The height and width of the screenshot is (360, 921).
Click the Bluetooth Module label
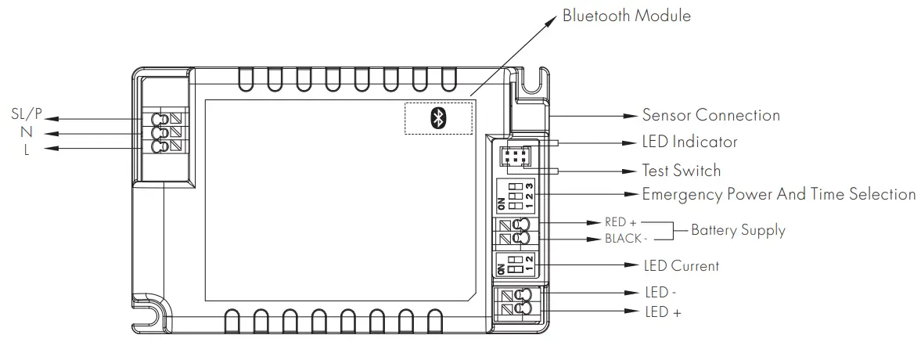(x=627, y=16)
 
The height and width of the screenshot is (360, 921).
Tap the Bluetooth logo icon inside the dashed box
(x=438, y=118)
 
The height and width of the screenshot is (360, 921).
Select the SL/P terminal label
(x=26, y=115)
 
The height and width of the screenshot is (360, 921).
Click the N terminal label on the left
(x=27, y=132)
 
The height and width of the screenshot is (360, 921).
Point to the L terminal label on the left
(x=27, y=149)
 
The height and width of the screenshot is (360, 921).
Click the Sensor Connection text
(x=711, y=115)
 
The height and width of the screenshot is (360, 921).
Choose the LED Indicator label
(x=689, y=142)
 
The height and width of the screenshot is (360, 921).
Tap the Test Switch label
(x=681, y=170)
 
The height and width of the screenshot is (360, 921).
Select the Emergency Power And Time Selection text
(x=779, y=194)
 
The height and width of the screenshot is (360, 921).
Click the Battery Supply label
(x=738, y=230)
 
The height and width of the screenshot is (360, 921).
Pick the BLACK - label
(x=625, y=239)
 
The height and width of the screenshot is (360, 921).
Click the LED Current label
(x=680, y=266)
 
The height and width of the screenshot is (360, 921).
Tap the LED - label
(x=660, y=293)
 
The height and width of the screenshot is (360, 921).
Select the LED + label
(x=662, y=311)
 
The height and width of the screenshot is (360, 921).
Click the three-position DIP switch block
(x=515, y=195)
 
